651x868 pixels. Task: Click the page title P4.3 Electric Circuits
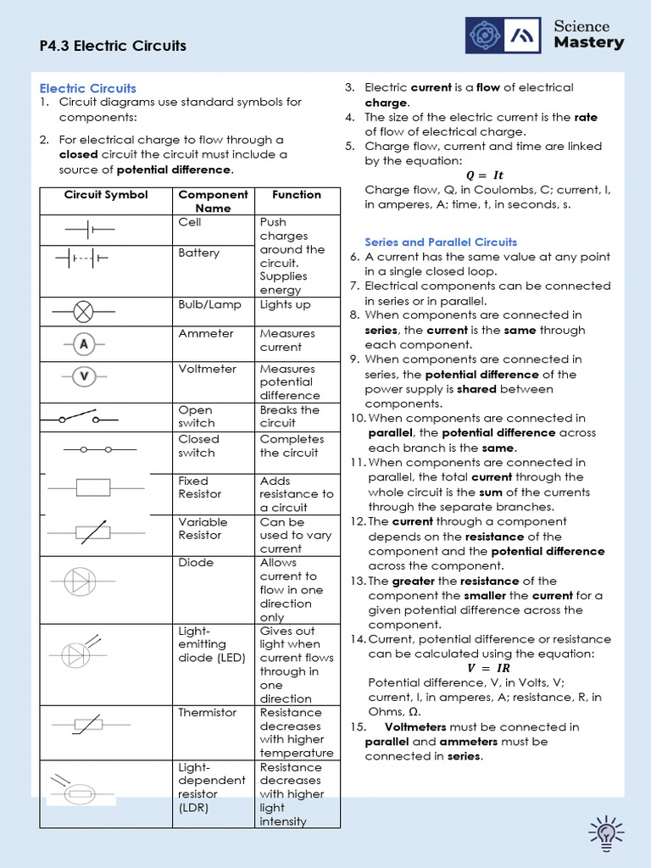click(113, 46)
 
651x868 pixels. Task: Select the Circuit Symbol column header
click(106, 195)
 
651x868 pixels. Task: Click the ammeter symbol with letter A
click(83, 343)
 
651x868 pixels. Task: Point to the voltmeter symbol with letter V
click(83, 376)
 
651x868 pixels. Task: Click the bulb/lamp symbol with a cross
click(83, 311)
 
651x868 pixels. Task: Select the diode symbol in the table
click(82, 581)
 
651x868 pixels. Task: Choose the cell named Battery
click(198, 253)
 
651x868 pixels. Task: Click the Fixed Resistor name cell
click(199, 487)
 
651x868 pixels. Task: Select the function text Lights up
click(285, 304)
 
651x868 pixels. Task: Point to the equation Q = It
click(490, 175)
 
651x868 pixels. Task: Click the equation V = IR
click(489, 669)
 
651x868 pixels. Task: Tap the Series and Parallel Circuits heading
click(441, 242)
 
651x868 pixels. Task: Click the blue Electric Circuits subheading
click(88, 88)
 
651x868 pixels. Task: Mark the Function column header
click(297, 195)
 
